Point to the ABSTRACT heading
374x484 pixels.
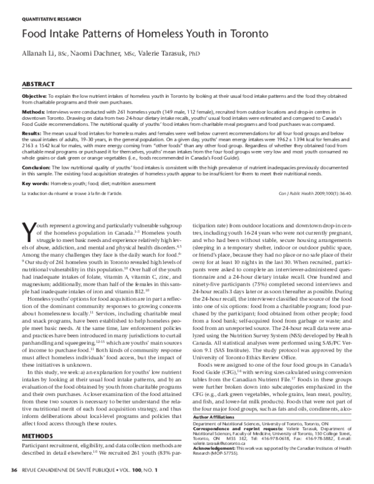tap(39, 83)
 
